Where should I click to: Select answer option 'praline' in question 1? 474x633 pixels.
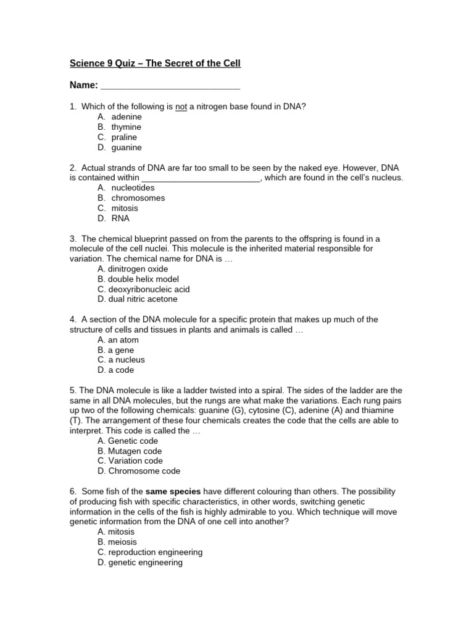pyautogui.click(x=124, y=137)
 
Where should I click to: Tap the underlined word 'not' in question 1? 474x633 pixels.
pyautogui.click(x=181, y=106)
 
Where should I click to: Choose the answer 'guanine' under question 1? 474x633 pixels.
pyautogui.click(x=127, y=148)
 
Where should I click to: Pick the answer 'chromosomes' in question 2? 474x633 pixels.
pyautogui.click(x=138, y=198)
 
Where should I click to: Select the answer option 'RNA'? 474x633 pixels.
pyautogui.click(x=120, y=218)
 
